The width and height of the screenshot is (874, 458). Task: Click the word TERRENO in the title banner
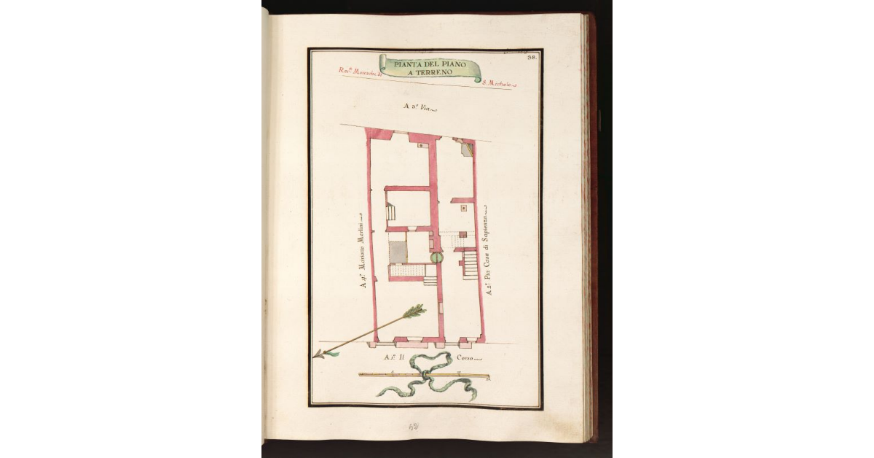pyautogui.click(x=434, y=72)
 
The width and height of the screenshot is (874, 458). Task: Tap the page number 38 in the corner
pyautogui.click(x=532, y=57)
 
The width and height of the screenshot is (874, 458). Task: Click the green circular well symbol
pyautogui.click(x=436, y=257)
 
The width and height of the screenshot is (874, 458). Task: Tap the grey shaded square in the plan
pyautogui.click(x=397, y=252)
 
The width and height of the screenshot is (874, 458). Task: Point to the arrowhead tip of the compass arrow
pyautogui.click(x=317, y=355)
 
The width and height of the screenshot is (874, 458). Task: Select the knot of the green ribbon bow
pyautogui.click(x=424, y=374)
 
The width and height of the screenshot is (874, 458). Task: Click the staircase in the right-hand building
pyautogui.click(x=471, y=265)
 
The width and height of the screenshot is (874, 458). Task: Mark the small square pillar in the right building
pyautogui.click(x=463, y=209)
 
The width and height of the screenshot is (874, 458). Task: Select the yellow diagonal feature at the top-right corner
pyautogui.click(x=469, y=150)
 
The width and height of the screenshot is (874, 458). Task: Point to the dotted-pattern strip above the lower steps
pyautogui.click(x=412, y=271)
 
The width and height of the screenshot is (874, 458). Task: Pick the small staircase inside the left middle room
pyautogui.click(x=390, y=213)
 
